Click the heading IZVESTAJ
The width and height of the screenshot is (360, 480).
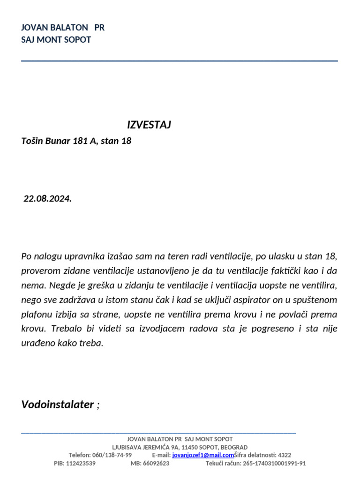[149, 125]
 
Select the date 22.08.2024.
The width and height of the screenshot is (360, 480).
[48, 199]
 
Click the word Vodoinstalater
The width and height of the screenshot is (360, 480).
[58, 405]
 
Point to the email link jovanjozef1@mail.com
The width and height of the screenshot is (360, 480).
[203, 455]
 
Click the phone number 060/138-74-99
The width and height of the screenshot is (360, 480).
[112, 455]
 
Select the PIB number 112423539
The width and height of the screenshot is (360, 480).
[81, 464]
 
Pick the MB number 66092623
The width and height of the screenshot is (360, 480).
[156, 464]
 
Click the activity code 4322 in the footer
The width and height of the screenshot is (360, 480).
[284, 455]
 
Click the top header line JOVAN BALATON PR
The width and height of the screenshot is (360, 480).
[63, 28]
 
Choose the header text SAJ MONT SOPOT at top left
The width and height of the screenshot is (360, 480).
[56, 40]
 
